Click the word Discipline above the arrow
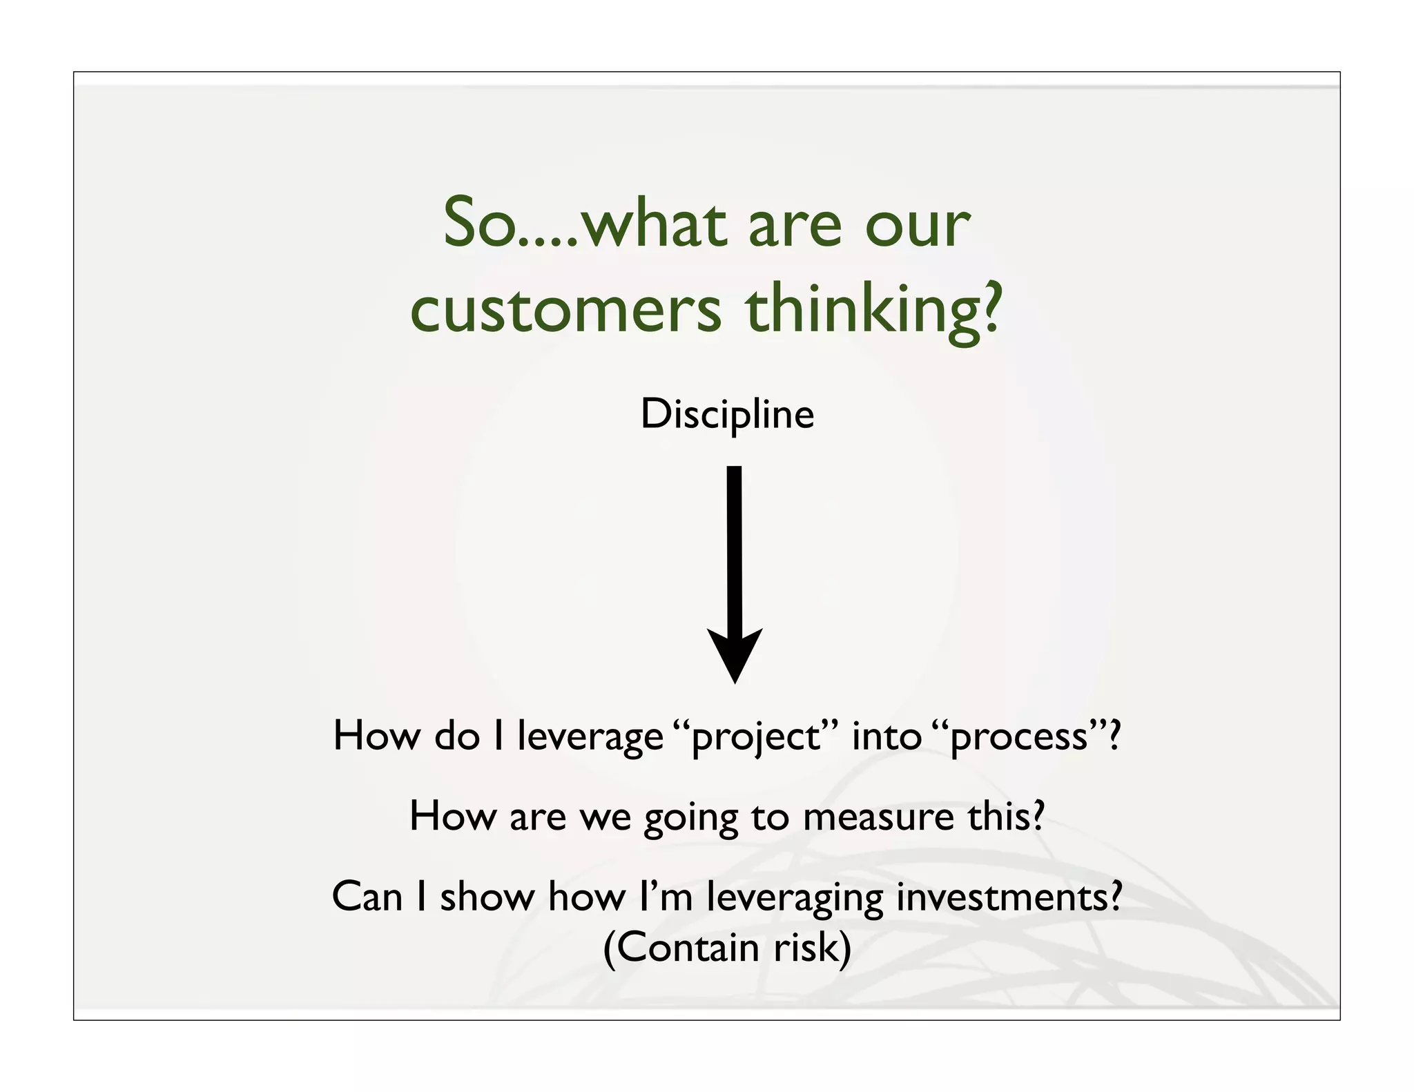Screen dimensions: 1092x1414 (727, 414)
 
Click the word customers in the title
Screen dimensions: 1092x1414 (565, 310)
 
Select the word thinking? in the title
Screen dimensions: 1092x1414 (873, 310)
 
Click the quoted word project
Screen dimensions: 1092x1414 (755, 737)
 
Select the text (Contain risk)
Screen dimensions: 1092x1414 (727, 947)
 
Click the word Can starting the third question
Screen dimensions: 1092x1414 (367, 897)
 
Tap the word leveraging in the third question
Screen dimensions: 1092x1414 (795, 898)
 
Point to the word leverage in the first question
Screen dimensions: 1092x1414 (590, 737)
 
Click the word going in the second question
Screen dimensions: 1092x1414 (690, 818)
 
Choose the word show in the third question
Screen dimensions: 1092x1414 (487, 897)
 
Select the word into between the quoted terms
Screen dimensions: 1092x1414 (887, 736)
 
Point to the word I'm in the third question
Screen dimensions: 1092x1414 (666, 897)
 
